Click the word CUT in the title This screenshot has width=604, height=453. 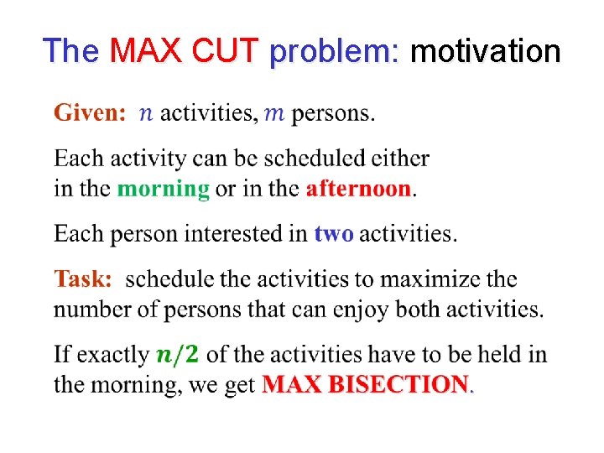pos(227,51)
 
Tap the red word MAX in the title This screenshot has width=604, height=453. pos(148,51)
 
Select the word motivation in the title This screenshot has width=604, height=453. pos(485,51)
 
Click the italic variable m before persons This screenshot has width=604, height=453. pos(274,113)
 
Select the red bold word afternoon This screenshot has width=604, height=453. pos(358,188)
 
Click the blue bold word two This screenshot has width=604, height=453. pos(333,234)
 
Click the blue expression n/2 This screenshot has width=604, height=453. pos(177,355)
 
